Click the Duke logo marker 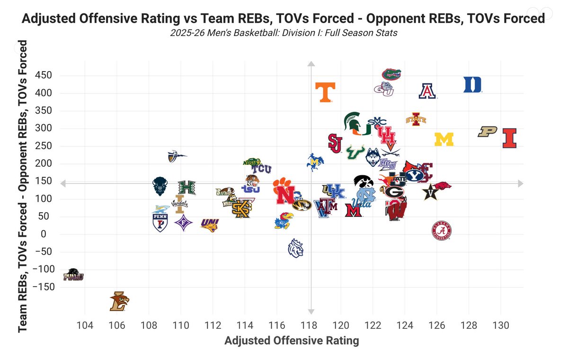(472, 85)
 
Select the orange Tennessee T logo (325, 92)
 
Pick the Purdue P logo (487, 132)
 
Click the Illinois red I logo (509, 138)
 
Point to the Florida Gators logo (391, 74)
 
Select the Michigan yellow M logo (444, 139)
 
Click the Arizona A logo (427, 91)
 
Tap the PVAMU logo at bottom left (73, 275)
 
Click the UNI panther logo (210, 224)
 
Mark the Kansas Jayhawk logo (283, 221)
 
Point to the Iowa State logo (416, 118)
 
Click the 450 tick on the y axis (43, 76)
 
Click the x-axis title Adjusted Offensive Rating (291, 341)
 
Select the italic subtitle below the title (284, 33)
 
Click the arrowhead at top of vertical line (311, 64)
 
